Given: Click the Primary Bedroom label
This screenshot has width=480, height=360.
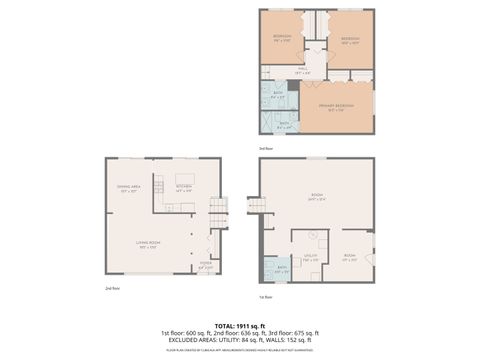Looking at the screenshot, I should (x=337, y=106).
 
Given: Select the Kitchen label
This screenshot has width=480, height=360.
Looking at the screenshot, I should (x=184, y=187).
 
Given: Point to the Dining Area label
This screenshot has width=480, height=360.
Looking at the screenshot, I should (x=127, y=189).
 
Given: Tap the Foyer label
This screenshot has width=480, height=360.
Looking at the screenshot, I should (x=204, y=265).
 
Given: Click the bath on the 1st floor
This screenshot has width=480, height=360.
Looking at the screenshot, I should (x=282, y=269).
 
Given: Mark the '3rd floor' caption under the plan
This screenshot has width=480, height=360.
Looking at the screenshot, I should (x=266, y=147).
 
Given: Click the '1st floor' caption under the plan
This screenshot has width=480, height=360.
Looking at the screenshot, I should (x=266, y=297).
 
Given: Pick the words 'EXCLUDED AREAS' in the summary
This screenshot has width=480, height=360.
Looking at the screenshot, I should (x=187, y=340).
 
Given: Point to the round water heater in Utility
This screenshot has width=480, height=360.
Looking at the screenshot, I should (x=312, y=237).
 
